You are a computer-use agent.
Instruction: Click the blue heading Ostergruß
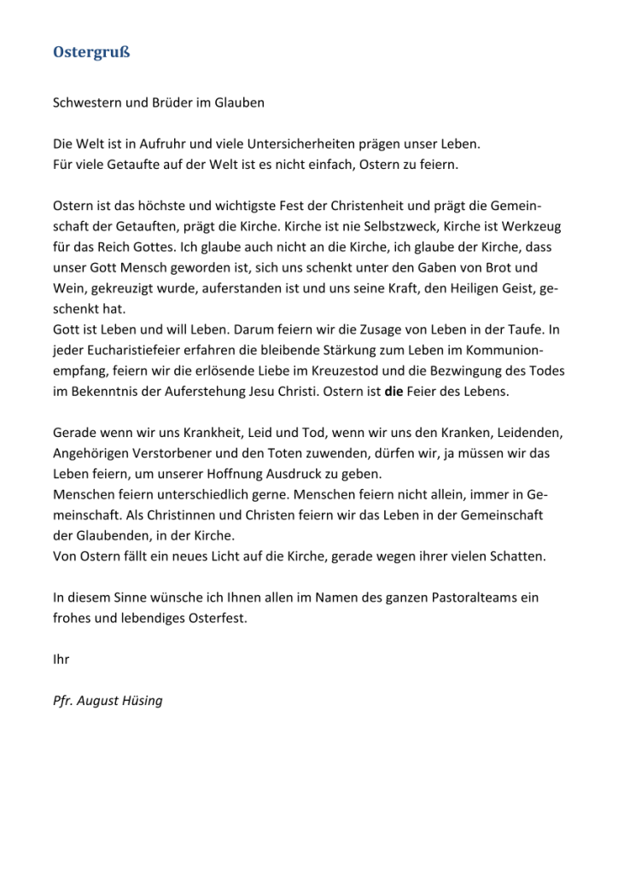pos(90,53)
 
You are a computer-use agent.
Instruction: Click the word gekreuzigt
pos(122,288)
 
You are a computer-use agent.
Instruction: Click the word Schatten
pos(519,556)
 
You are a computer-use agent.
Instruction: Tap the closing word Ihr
pos(61,659)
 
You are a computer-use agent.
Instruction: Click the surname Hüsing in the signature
pos(139,701)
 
